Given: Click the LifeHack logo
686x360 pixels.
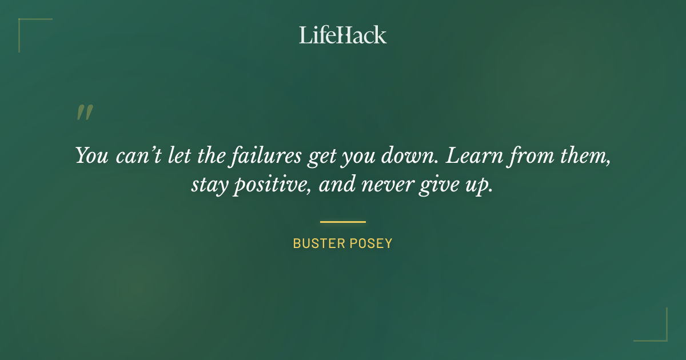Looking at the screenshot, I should point(342,35).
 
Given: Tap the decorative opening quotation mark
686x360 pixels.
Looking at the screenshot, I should point(85,113).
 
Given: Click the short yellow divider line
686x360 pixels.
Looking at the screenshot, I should point(342,222).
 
